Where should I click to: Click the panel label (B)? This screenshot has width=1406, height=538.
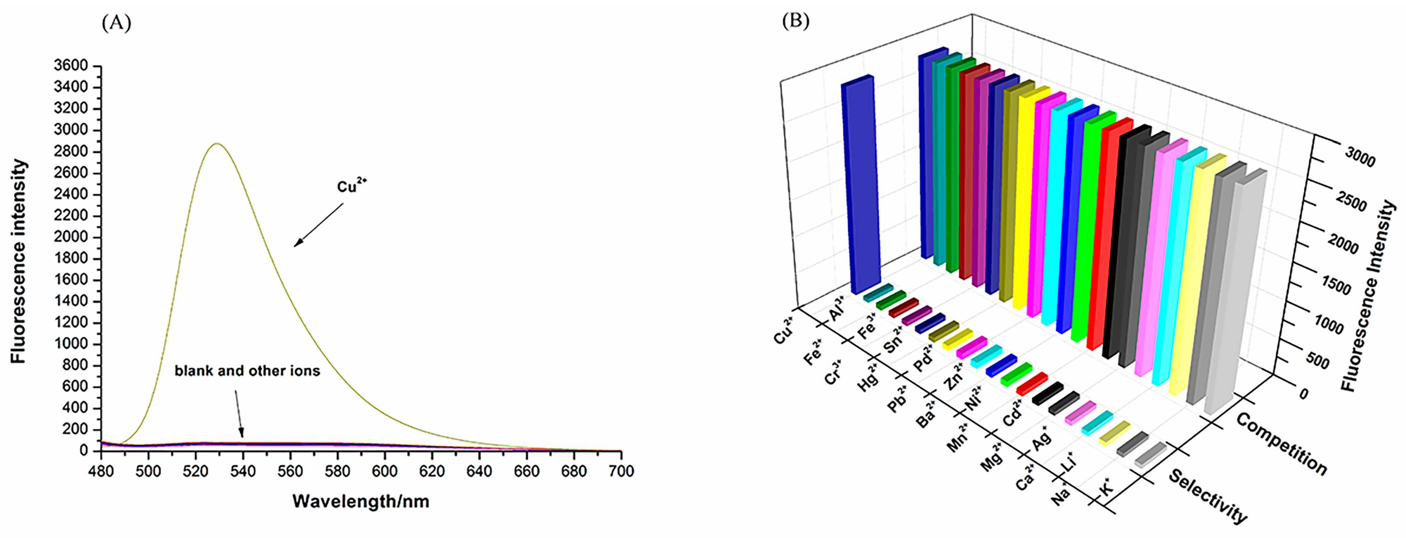click(x=795, y=21)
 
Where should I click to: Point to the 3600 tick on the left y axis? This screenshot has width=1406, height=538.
click(x=71, y=66)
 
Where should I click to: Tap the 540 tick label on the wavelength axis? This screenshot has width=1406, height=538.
click(x=242, y=471)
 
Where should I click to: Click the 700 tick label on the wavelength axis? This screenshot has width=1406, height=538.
click(x=621, y=471)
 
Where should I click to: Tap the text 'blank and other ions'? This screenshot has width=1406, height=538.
click(x=247, y=371)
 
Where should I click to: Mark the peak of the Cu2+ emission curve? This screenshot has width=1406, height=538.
click(x=217, y=143)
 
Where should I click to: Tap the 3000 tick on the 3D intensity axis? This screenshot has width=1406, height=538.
click(x=1360, y=158)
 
